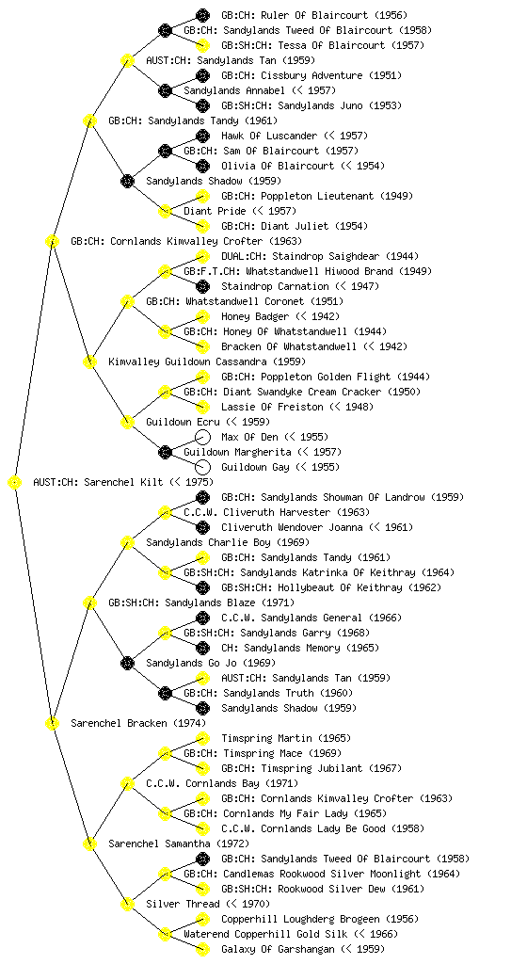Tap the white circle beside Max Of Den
point(202,437)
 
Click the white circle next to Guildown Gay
point(202,467)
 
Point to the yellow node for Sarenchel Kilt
point(15,483)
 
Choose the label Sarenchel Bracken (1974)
point(138,724)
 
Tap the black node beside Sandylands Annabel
point(165,91)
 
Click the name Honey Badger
point(255,316)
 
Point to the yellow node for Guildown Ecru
point(127,423)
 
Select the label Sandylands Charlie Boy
point(209,543)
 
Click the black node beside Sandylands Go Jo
point(127,664)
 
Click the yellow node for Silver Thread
point(127,905)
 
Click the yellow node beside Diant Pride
point(165,212)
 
